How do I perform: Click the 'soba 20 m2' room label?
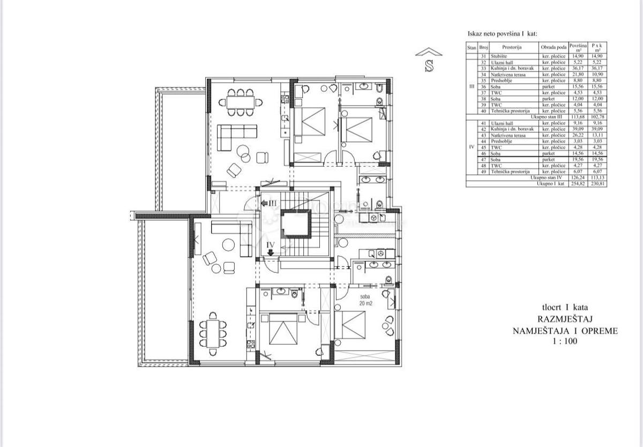365,300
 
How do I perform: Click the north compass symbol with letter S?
429,61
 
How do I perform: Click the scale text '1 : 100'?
565,341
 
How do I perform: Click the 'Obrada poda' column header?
554,48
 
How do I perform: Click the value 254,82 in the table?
578,183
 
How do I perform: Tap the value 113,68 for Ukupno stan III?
578,116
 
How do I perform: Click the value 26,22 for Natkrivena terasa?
578,136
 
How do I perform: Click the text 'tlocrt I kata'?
565,308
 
